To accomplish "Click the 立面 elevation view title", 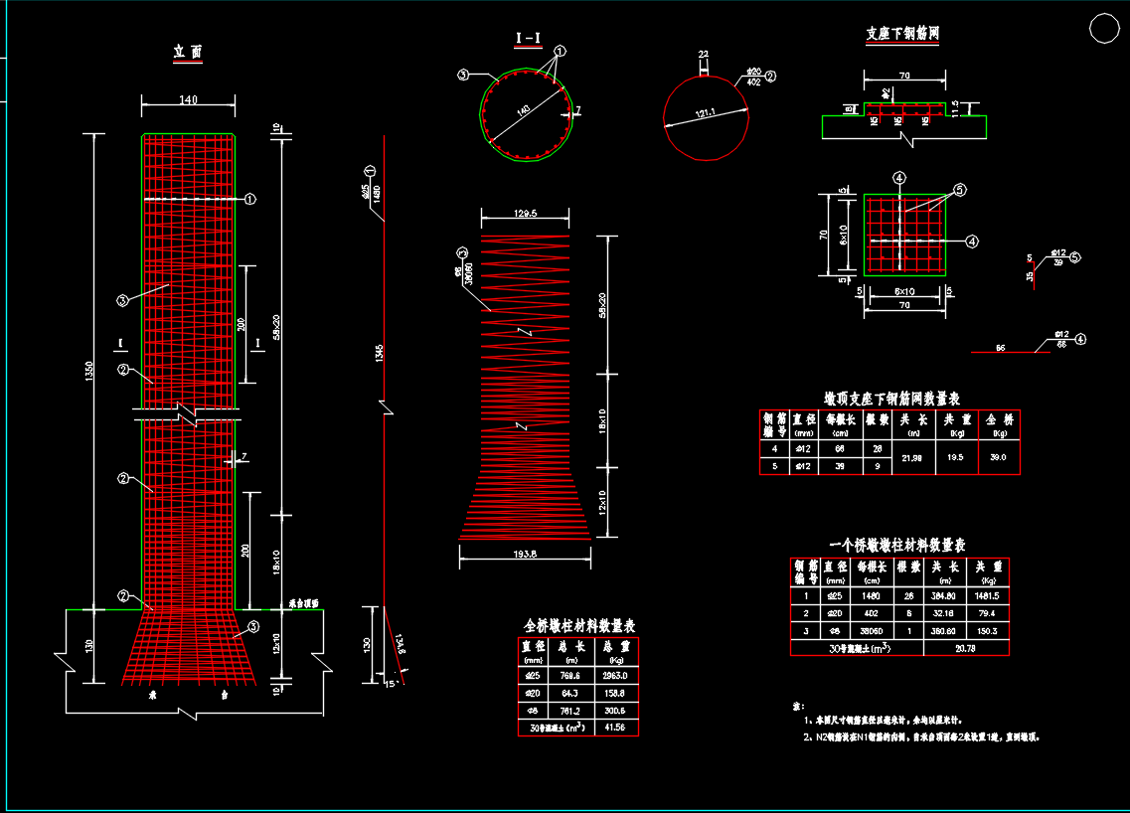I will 188,52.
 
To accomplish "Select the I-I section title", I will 528,39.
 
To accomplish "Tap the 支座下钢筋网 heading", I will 902,34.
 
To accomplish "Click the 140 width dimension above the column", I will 188,99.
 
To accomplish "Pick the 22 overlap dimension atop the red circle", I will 703,55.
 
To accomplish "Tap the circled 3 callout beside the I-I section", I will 463,75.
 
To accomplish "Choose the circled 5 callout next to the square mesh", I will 960,190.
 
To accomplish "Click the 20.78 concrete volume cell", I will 966,648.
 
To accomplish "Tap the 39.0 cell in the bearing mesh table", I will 999,457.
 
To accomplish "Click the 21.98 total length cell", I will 911,457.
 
